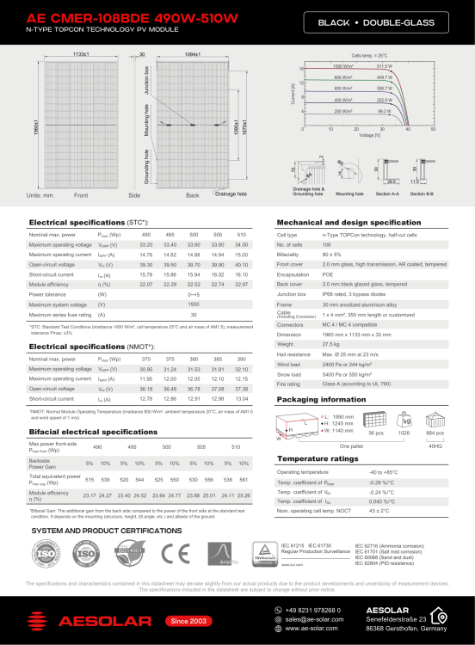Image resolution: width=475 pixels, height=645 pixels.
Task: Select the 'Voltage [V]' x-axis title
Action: (369, 135)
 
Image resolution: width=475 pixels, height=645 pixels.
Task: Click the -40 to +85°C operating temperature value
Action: (385, 473)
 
